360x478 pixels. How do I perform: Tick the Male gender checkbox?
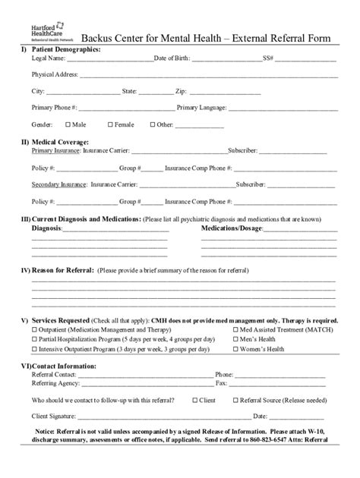pos(68,124)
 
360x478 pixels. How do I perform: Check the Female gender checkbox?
pos(110,124)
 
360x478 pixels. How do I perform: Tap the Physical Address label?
pos(52,74)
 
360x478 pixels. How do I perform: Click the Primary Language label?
pos(202,107)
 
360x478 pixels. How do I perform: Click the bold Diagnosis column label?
pos(48,228)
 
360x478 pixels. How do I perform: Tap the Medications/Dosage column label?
pos(231,228)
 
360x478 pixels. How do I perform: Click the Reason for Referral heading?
pos(62,270)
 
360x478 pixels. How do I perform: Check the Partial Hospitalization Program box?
pos(34,340)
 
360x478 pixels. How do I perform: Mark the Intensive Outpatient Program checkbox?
pos(34,349)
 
